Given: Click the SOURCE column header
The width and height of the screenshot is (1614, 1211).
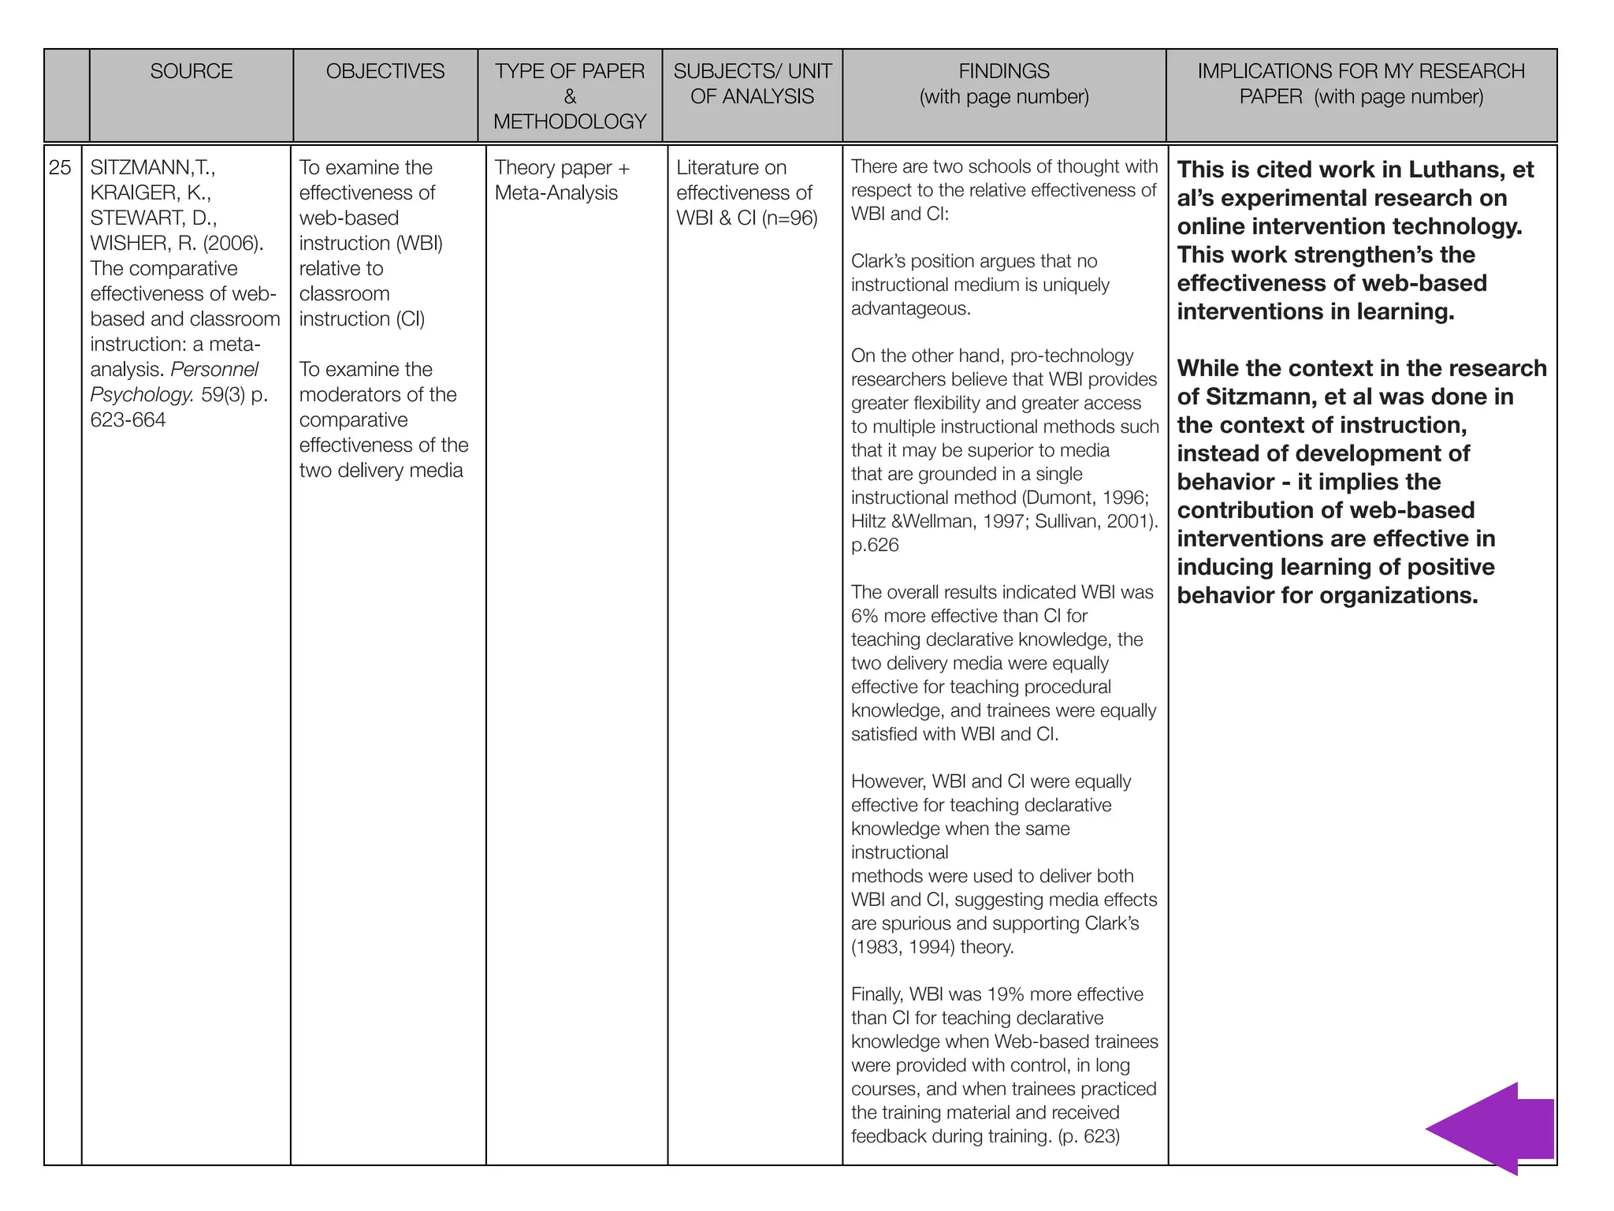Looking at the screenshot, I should [192, 72].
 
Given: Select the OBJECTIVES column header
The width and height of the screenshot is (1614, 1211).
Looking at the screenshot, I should [385, 72].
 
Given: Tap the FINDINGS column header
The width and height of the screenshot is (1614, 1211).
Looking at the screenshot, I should [1004, 72].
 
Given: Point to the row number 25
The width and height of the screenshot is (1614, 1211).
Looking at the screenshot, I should [61, 168].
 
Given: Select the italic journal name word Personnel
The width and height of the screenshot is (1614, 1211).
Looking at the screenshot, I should [214, 370].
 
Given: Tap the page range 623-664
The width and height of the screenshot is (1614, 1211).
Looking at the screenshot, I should [128, 420].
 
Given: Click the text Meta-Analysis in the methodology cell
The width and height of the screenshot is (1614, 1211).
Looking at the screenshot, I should [556, 193].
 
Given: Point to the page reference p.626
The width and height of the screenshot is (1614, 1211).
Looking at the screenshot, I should [875, 546].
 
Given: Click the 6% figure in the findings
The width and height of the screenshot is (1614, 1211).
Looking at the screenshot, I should [865, 616].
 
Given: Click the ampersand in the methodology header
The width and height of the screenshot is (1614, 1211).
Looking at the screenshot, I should [570, 97].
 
